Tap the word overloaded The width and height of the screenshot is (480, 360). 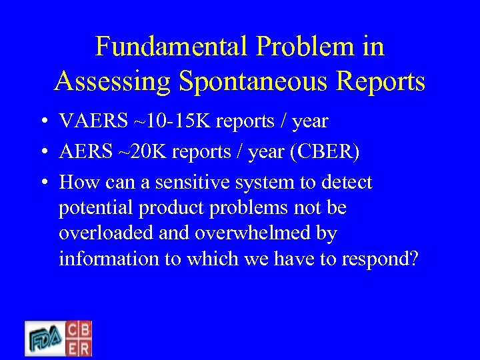point(105,233)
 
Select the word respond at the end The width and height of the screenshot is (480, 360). point(378,259)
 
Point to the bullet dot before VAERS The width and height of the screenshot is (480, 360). point(42,122)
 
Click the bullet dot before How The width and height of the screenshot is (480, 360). point(42,183)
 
